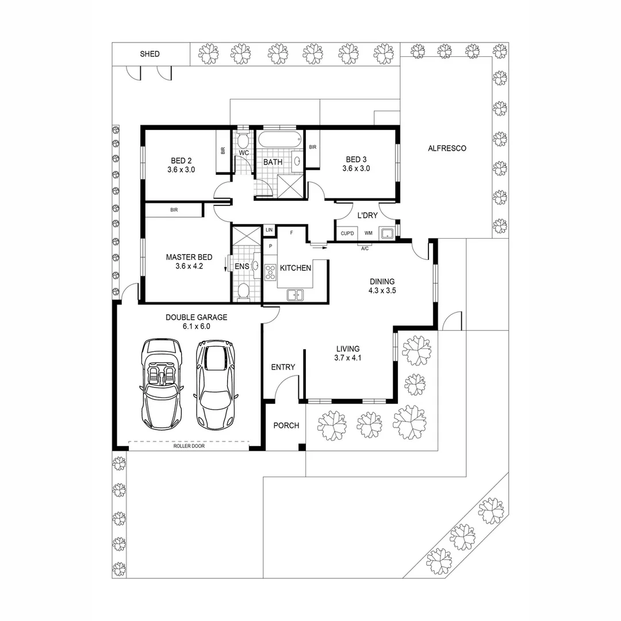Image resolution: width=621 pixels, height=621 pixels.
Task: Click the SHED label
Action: pyautogui.click(x=149, y=54)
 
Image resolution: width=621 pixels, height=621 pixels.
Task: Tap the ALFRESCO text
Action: pyautogui.click(x=447, y=148)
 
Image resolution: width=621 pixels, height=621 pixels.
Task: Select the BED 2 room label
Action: pyautogui.click(x=181, y=160)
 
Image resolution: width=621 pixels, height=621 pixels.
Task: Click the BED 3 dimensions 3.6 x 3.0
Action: pyautogui.click(x=356, y=169)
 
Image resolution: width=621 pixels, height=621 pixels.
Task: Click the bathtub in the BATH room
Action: pyautogui.click(x=279, y=140)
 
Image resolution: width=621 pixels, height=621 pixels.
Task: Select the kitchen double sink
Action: pyautogui.click(x=295, y=295)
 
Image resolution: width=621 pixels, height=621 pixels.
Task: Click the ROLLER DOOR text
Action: pyautogui.click(x=189, y=446)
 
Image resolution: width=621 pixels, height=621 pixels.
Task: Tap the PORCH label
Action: pyautogui.click(x=286, y=425)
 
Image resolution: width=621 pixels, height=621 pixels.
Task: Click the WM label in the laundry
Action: pyautogui.click(x=368, y=233)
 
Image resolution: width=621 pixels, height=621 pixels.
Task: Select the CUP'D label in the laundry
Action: pyautogui.click(x=347, y=233)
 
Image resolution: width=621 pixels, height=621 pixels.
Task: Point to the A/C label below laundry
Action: pyautogui.click(x=365, y=249)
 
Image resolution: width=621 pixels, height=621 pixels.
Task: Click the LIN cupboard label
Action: pyautogui.click(x=269, y=230)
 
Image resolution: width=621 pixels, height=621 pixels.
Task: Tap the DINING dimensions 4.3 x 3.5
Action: pyautogui.click(x=382, y=291)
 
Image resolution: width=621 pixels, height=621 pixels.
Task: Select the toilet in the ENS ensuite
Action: pyautogui.click(x=243, y=290)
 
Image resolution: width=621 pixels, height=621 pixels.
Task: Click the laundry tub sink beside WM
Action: pyautogui.click(x=388, y=233)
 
